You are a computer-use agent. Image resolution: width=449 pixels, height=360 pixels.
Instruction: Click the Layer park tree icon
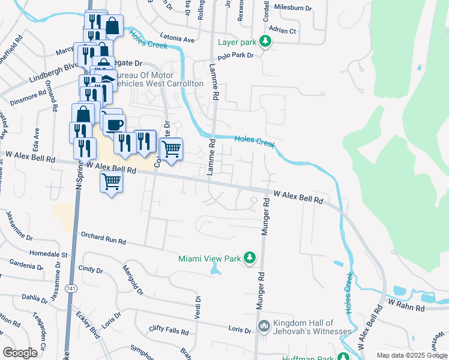[x=264, y=42]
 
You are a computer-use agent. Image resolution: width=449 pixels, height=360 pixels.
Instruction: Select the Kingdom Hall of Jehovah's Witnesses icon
[x=264, y=326]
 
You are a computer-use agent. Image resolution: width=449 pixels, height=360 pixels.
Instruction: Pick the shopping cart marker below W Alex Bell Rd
[x=111, y=181]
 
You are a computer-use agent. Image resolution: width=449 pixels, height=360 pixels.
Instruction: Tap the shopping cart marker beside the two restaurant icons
[x=171, y=148]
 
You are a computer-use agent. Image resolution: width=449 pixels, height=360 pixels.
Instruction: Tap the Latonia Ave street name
[x=178, y=39]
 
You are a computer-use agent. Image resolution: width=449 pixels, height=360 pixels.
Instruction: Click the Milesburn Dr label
[x=292, y=8]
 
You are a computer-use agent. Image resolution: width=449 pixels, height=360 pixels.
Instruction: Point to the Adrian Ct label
[x=283, y=30]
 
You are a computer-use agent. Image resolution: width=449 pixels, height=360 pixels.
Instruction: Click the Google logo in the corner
[x=20, y=353]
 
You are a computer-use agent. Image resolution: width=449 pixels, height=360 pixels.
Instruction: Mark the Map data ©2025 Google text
[x=411, y=355]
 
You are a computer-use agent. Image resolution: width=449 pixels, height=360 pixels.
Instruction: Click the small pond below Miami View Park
[x=215, y=271]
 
